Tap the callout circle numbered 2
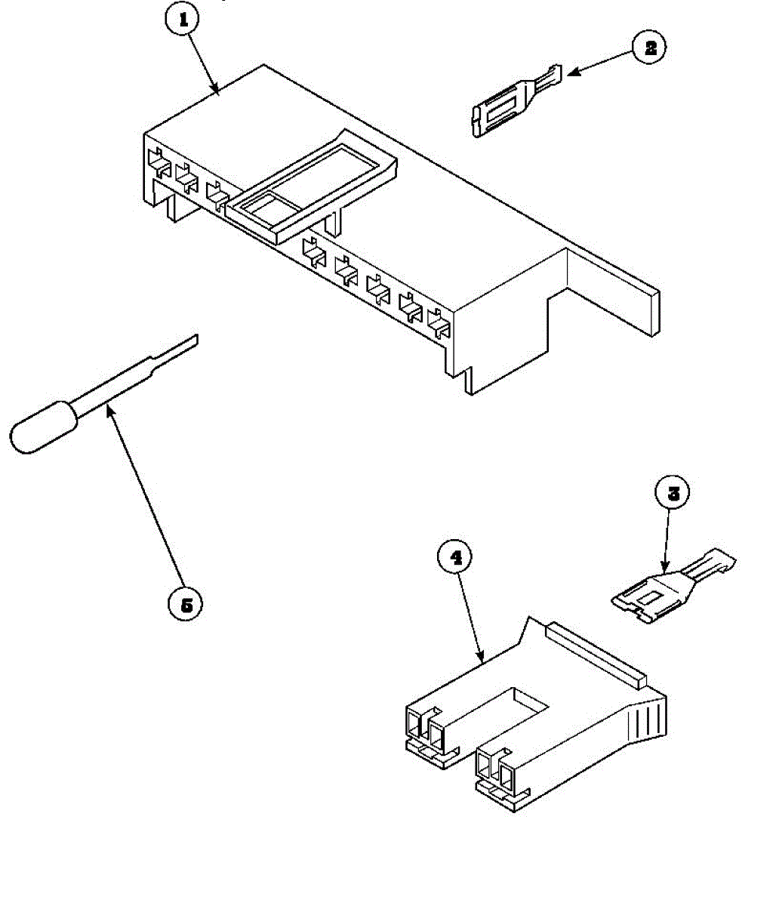click(649, 48)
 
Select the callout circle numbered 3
click(673, 495)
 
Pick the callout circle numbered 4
click(455, 557)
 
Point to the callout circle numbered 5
click(186, 604)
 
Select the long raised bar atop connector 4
click(596, 653)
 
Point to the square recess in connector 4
click(528, 698)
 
